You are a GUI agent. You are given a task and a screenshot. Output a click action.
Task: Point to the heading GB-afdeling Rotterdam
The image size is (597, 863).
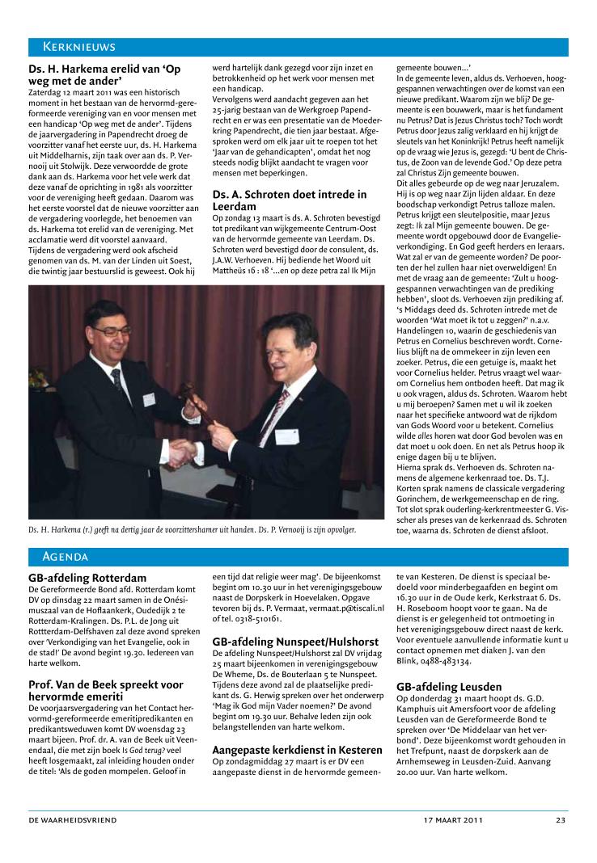tap(87, 578)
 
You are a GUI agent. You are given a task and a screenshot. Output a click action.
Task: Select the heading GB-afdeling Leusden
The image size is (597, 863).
tap(448, 687)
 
